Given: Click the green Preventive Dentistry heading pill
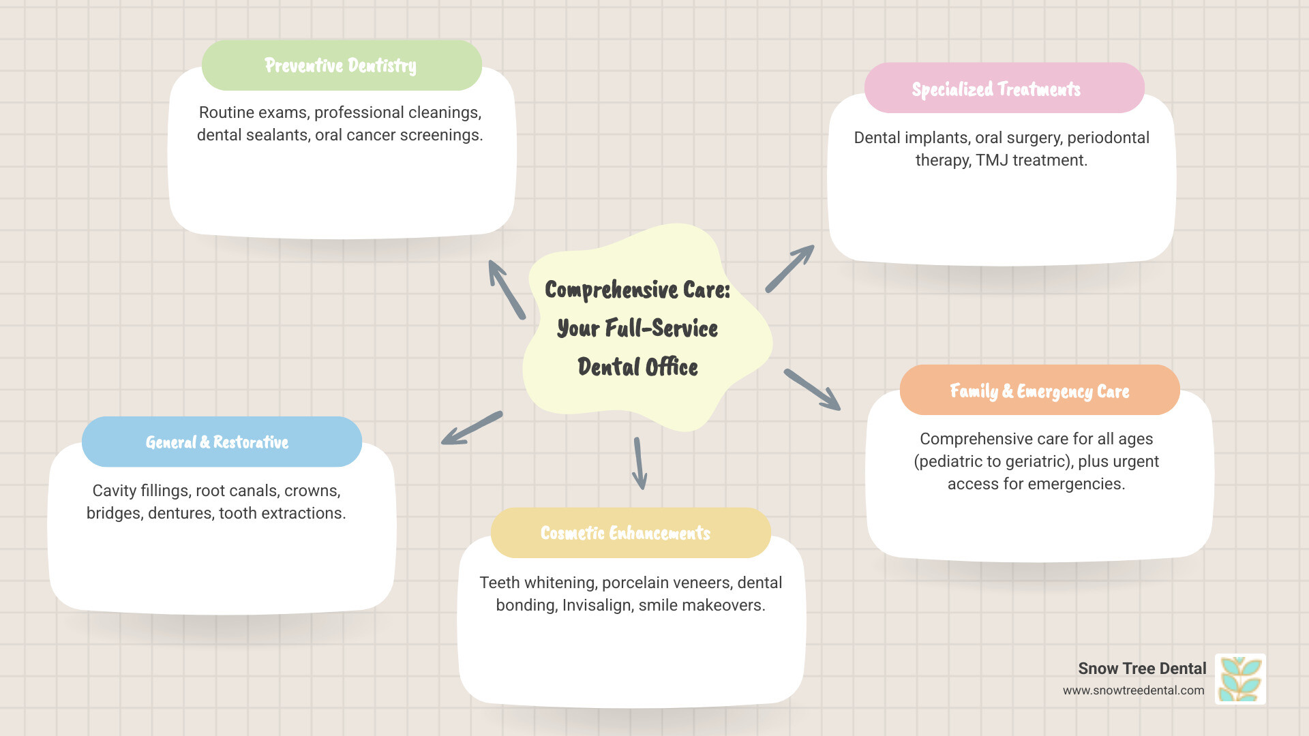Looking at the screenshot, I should click(x=341, y=65).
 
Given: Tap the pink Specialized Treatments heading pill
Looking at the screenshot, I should click(x=996, y=89).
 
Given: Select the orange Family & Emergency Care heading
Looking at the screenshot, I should click(x=1039, y=391).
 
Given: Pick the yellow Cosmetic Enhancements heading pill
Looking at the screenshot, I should click(x=625, y=533).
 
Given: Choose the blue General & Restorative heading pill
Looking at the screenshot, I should click(x=217, y=442).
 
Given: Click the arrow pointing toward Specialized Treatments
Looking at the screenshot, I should click(x=789, y=269).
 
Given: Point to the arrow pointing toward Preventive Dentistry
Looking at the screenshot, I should click(x=506, y=289).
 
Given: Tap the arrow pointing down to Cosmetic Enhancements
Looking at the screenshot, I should click(x=639, y=463).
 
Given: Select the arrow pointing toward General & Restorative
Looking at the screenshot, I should click(x=471, y=429).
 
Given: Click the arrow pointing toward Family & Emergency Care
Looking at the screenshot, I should click(x=812, y=390).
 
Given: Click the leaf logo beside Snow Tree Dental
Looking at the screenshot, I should click(x=1240, y=679).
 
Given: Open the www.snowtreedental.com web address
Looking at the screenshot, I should click(x=1133, y=690).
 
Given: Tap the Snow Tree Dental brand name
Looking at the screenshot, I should click(x=1142, y=669).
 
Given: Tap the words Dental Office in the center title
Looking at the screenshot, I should click(x=637, y=367).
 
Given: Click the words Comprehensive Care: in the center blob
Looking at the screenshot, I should click(x=637, y=290).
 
